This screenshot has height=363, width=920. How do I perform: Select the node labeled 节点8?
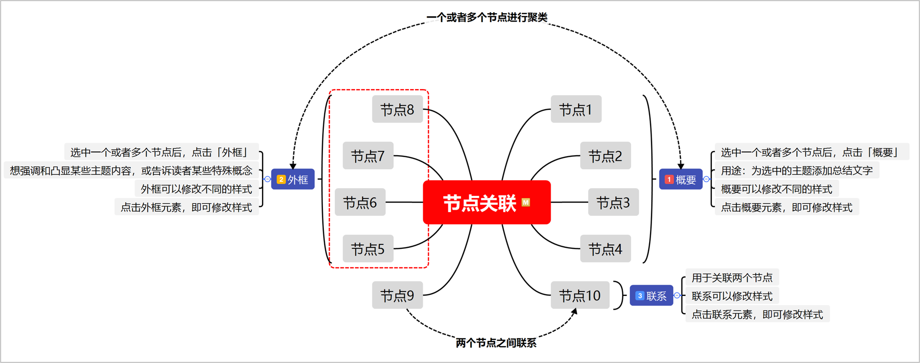[x=397, y=109]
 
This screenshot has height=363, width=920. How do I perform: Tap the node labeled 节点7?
[x=368, y=156]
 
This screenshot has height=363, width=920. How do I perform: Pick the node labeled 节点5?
[x=368, y=249]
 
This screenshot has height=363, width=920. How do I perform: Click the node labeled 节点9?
[x=397, y=295]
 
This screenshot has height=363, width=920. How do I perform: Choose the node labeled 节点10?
[x=580, y=295]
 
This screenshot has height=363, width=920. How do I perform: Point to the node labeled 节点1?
[x=576, y=109]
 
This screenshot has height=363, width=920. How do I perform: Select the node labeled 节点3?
[x=613, y=202]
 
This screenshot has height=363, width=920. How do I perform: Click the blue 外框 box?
[x=293, y=179]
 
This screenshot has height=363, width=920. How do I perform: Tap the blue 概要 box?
[x=680, y=179]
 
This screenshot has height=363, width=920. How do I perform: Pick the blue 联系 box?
[x=651, y=295]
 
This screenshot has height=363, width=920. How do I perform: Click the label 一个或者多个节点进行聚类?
[x=486, y=18]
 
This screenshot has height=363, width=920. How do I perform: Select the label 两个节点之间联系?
[x=496, y=343]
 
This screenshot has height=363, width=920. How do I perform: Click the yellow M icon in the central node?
[x=526, y=202]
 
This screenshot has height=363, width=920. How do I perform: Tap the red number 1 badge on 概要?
[x=669, y=180]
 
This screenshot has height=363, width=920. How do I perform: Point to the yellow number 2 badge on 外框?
[x=281, y=179]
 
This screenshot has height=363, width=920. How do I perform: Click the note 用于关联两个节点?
[x=731, y=278]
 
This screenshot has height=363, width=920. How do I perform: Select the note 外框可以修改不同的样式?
[x=196, y=189]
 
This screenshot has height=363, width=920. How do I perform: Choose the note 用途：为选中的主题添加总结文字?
[x=797, y=170]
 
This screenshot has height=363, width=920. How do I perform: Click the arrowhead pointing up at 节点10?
[x=574, y=312]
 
